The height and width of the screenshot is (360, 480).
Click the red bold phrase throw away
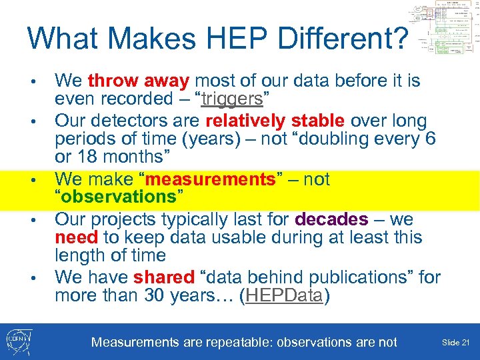139,81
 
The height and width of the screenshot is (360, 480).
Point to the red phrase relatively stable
275,121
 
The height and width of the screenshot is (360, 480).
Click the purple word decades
331,219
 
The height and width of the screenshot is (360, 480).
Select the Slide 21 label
455,342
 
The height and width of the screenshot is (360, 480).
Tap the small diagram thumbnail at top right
444,30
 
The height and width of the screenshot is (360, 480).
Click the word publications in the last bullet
371,277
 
